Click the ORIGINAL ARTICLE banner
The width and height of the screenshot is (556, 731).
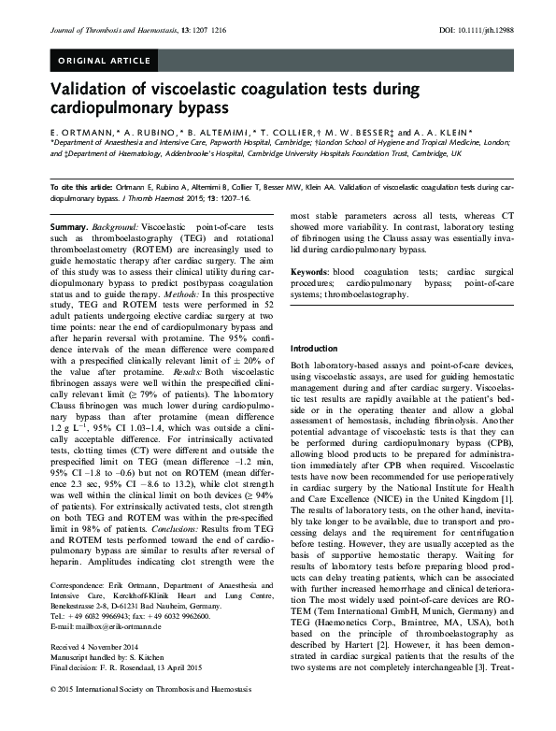104,62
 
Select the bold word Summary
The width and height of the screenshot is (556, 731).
68,227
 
